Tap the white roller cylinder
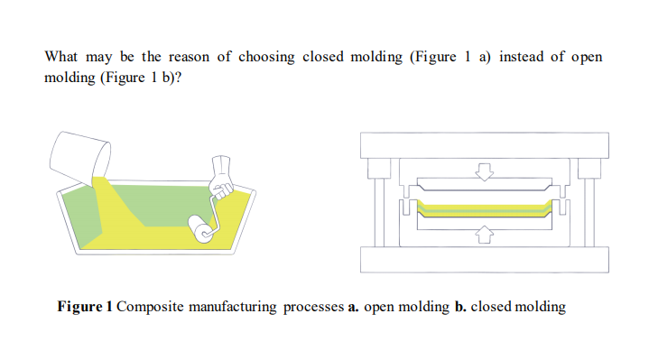(201, 230)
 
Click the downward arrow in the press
(485, 171)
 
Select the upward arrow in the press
(485, 235)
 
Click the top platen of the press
(484, 144)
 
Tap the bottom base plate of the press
(484, 260)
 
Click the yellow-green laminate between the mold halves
(484, 208)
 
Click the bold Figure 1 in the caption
(85, 307)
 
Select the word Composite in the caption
(150, 307)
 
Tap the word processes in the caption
(313, 307)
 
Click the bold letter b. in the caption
(459, 307)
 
